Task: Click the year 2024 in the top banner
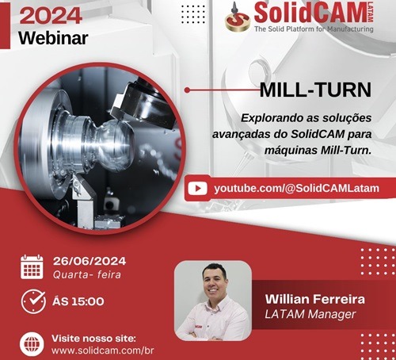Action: [51, 13]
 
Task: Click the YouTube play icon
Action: [199, 189]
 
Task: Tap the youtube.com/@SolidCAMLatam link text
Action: [297, 189]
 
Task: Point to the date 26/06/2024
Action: [89, 260]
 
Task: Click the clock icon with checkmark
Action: [32, 302]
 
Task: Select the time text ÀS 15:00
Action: [78, 302]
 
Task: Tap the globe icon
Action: [32, 343]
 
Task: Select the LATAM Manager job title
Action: [310, 316]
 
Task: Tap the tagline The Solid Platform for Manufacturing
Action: [314, 29]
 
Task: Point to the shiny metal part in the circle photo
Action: [104, 143]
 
